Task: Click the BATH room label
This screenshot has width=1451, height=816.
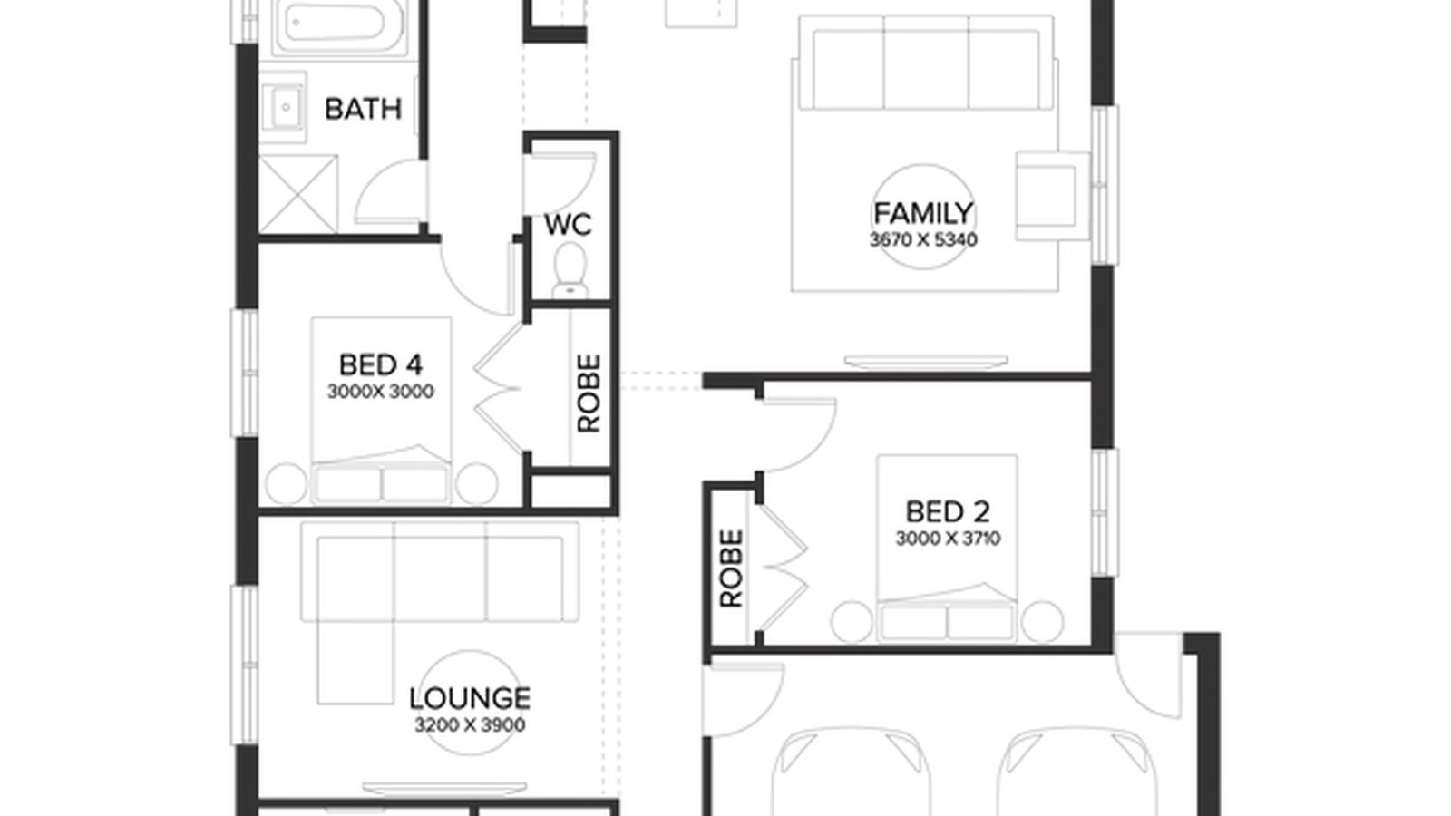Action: click(x=363, y=110)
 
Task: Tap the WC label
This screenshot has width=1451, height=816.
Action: click(x=569, y=224)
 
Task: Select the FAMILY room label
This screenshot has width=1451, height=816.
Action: click(x=923, y=214)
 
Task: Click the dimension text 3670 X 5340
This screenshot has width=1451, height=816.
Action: click(x=923, y=240)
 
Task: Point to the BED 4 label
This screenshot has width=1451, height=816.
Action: click(x=381, y=365)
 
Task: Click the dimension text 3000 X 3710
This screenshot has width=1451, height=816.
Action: click(x=948, y=539)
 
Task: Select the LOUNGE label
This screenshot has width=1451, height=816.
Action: click(x=469, y=698)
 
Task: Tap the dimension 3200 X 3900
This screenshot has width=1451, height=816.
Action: click(x=469, y=725)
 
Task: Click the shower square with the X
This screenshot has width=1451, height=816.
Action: click(x=298, y=194)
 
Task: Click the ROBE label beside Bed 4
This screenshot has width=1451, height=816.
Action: click(x=589, y=393)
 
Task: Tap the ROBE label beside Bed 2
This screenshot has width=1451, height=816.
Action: click(x=731, y=568)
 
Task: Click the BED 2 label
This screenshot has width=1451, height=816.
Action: click(x=948, y=512)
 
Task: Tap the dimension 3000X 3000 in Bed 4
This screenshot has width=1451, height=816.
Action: click(x=381, y=392)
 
